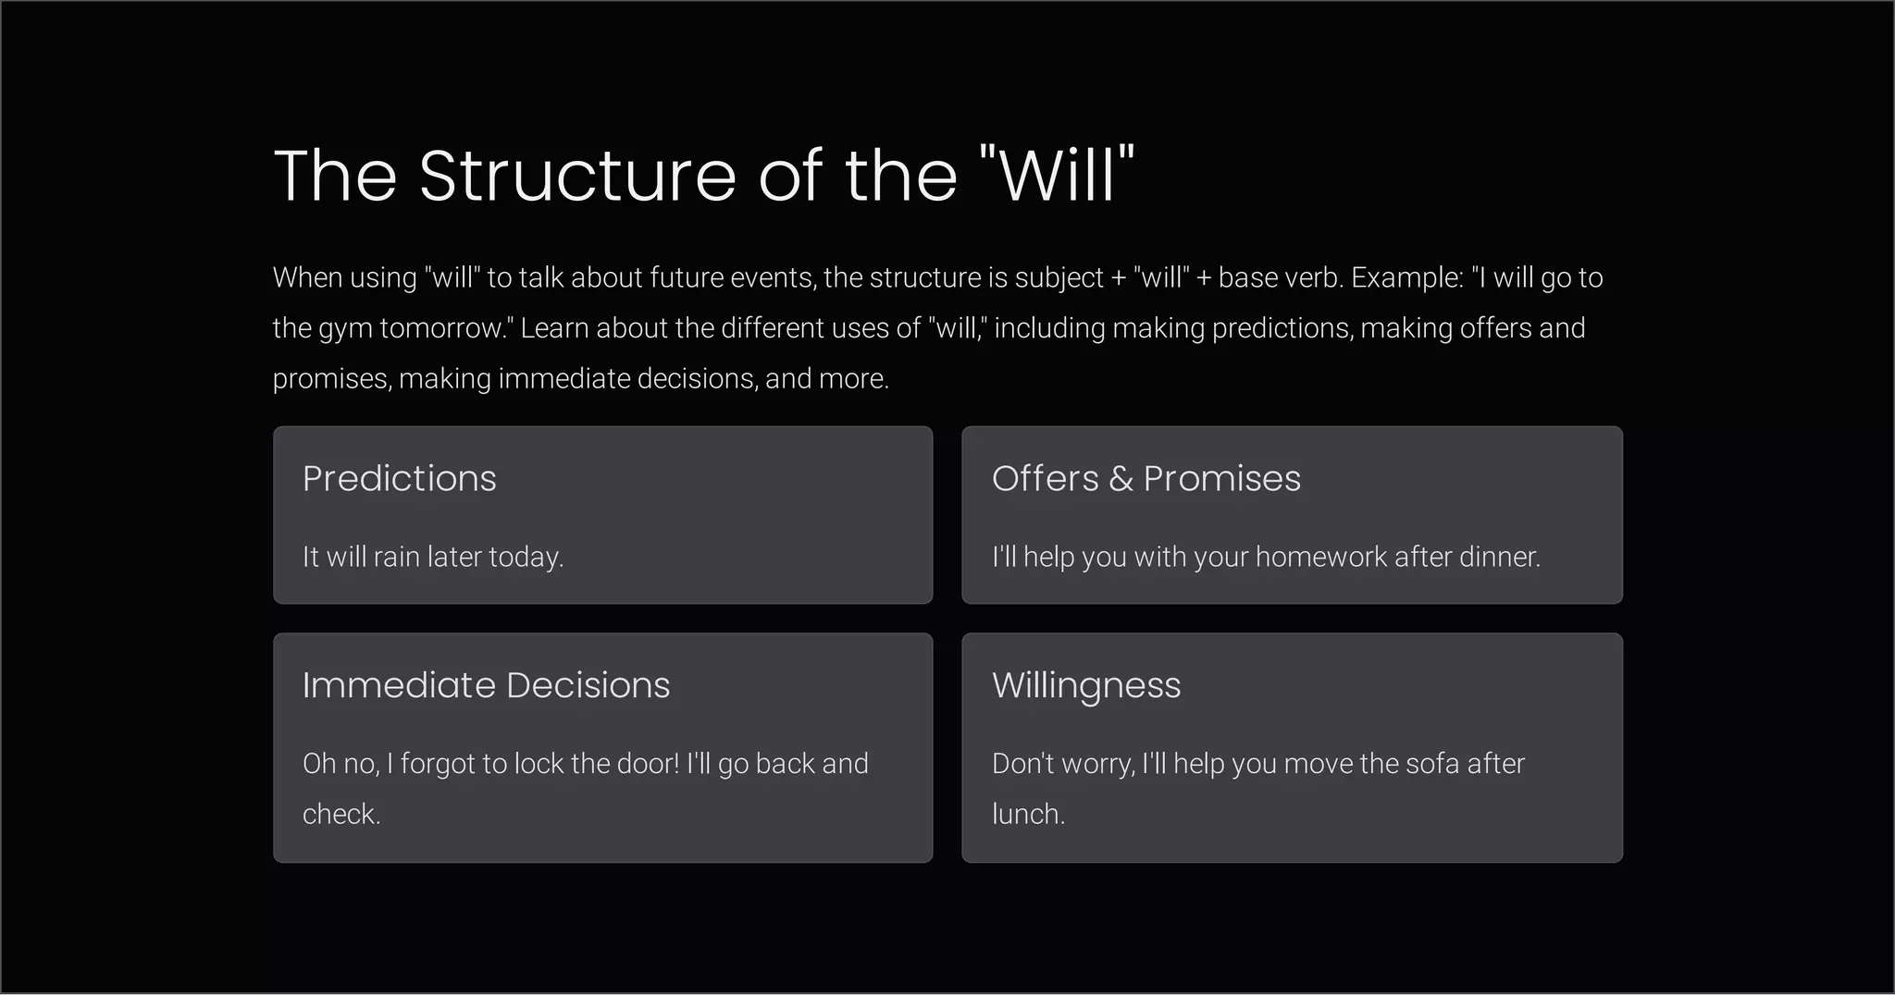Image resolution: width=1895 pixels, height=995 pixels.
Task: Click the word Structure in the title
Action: click(x=577, y=175)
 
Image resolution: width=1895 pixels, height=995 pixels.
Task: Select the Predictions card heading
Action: click(x=399, y=478)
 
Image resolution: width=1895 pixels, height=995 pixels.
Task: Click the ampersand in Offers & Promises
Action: click(x=1121, y=479)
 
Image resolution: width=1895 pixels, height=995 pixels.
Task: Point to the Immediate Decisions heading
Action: click(x=486, y=685)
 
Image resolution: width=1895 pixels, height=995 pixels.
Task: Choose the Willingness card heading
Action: click(x=1086, y=686)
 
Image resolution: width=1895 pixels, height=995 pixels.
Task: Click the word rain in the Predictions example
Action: click(x=396, y=557)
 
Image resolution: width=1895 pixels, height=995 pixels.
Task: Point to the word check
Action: click(x=341, y=814)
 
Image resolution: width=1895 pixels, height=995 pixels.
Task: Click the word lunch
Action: click(x=1028, y=814)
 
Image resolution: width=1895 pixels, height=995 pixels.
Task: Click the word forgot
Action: click(x=437, y=764)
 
